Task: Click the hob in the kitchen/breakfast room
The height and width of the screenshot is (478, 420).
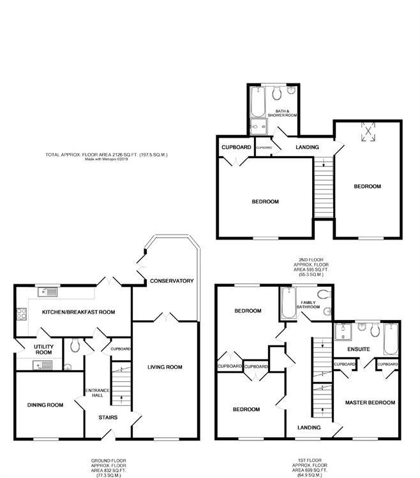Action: pos(19,314)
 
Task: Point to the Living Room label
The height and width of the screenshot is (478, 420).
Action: pos(165,366)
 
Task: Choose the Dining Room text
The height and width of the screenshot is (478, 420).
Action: pos(45,405)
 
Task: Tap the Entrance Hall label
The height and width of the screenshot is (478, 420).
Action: pos(94,394)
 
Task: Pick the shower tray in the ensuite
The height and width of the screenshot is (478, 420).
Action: pos(344,331)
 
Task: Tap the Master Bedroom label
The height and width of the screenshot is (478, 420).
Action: pos(370,403)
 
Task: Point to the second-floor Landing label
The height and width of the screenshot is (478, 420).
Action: pos(306,148)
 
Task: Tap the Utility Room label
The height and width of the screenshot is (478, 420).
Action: pos(43,349)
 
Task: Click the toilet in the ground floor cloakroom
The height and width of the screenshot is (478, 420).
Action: pos(75,346)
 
